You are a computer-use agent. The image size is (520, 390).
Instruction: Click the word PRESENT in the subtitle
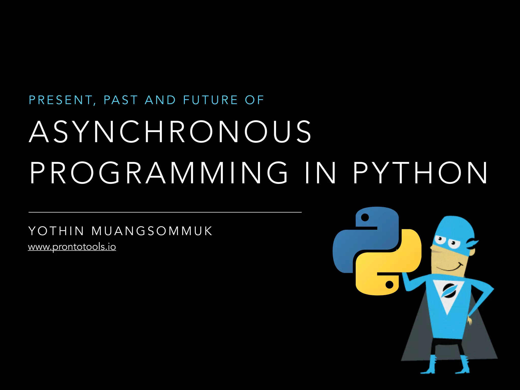tap(61, 100)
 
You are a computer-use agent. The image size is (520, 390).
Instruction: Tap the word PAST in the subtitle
tap(121, 100)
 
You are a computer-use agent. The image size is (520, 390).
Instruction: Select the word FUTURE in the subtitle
tap(210, 100)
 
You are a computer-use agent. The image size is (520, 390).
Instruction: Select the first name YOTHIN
tap(56, 231)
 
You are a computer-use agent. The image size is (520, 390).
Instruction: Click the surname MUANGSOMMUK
tap(152, 231)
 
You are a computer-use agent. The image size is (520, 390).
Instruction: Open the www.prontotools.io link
tap(72, 247)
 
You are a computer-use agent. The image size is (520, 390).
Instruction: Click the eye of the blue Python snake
tap(365, 217)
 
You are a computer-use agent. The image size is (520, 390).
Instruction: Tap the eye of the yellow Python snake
tap(389, 285)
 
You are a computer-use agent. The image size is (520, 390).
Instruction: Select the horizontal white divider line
tap(165, 212)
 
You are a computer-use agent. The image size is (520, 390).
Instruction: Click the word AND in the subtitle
tap(160, 100)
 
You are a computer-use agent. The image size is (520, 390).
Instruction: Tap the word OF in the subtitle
tap(254, 100)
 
